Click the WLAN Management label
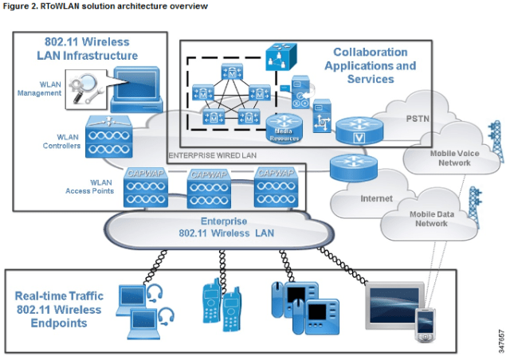pos(40,88)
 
